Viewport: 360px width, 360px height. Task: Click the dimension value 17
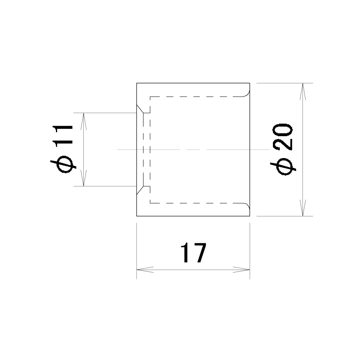click(x=194, y=253)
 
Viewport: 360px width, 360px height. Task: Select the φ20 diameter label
click(x=283, y=149)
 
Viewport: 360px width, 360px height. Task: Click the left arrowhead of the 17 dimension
click(x=145, y=270)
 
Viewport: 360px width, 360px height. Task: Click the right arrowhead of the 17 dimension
click(x=241, y=270)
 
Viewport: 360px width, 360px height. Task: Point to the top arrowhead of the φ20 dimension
click(x=302, y=92)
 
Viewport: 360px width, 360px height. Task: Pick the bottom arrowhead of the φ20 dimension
click(x=302, y=207)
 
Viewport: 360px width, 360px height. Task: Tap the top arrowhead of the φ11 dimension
click(x=84, y=121)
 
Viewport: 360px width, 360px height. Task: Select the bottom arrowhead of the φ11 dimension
click(x=84, y=178)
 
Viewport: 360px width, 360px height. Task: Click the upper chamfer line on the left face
click(x=140, y=109)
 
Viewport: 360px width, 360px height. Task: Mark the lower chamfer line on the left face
click(x=140, y=190)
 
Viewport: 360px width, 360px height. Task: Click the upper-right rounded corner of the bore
click(x=247, y=94)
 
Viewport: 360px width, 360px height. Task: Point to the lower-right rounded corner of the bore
click(x=247, y=206)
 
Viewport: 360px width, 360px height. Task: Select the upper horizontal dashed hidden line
click(x=196, y=97)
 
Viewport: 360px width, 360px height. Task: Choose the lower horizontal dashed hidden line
click(x=196, y=203)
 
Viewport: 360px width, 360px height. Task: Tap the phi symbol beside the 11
click(x=63, y=164)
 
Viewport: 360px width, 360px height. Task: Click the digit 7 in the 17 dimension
click(x=200, y=253)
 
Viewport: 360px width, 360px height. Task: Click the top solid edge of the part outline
click(x=193, y=83)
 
